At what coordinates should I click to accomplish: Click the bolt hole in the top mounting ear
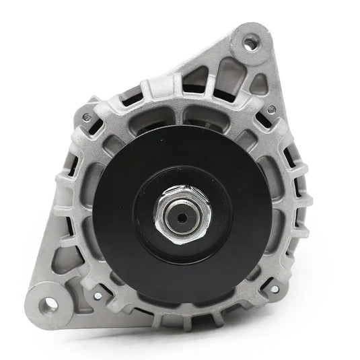pyautogui.click(x=249, y=44)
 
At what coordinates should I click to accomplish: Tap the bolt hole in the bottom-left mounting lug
pyautogui.click(x=49, y=304)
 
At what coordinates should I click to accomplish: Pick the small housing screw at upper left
pyautogui.click(x=86, y=118)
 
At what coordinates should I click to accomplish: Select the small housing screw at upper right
pyautogui.click(x=271, y=109)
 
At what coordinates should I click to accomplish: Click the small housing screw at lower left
pyautogui.click(x=98, y=295)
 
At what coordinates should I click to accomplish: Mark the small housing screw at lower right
pyautogui.click(x=273, y=289)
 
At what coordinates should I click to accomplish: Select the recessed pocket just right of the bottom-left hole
pyautogui.click(x=79, y=306)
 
